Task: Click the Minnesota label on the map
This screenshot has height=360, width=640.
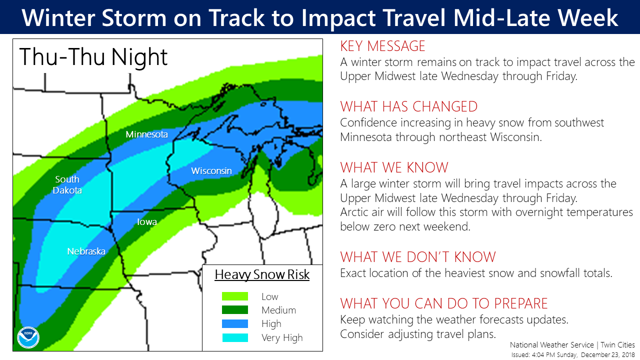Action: [x=146, y=134]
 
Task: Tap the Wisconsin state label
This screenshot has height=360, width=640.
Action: [x=211, y=171]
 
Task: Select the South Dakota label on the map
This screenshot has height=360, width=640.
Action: [x=67, y=185]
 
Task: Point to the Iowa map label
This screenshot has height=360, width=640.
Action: [x=147, y=221]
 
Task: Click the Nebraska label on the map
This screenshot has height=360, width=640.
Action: [x=86, y=251]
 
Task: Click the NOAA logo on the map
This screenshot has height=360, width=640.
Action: [x=28, y=337]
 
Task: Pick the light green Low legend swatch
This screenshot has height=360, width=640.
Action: [x=235, y=296]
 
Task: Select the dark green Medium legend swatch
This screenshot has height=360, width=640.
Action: [x=235, y=310]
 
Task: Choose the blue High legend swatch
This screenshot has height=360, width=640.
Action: [x=235, y=323]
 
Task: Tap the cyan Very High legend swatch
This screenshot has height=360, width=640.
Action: [x=235, y=337]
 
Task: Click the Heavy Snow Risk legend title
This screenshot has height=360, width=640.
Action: [x=262, y=275]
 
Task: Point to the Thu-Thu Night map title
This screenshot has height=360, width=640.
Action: [x=93, y=57]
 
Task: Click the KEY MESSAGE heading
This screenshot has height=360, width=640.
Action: [x=383, y=46]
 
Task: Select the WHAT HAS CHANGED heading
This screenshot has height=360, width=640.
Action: [x=409, y=107]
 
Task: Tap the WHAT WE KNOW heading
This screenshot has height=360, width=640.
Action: [x=394, y=167]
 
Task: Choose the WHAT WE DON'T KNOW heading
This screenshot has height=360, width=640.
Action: [x=418, y=257]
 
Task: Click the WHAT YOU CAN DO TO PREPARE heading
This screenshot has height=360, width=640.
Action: [x=444, y=303]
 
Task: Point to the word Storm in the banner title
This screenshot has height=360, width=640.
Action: [x=134, y=17]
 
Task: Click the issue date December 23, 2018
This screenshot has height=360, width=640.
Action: [x=607, y=355]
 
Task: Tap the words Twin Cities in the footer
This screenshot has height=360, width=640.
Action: [x=617, y=345]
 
